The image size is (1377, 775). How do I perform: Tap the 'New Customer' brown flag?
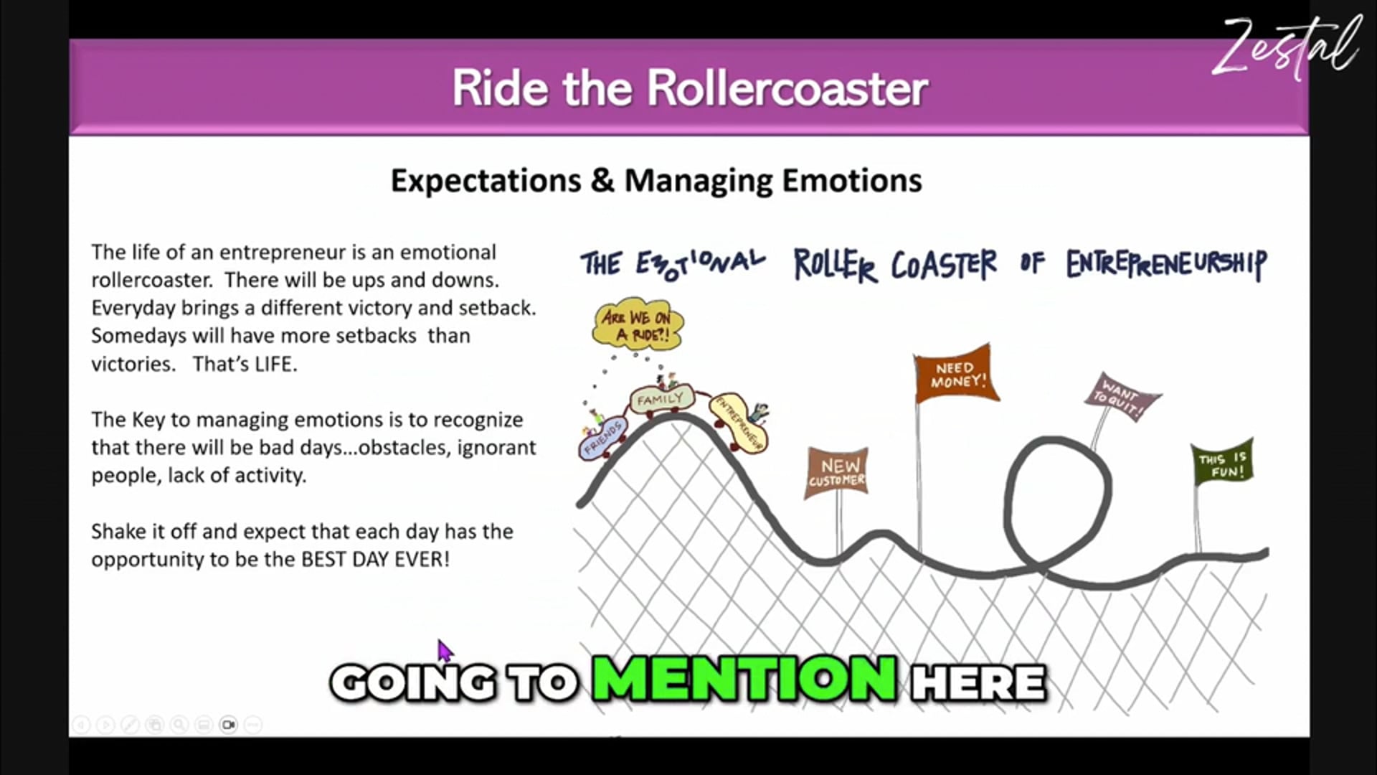pyautogui.click(x=837, y=472)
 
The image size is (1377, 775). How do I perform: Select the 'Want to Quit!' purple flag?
pyautogui.click(x=1121, y=398)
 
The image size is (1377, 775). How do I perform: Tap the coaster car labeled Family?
pyautogui.click(x=661, y=399)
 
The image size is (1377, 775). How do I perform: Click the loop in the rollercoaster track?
pyautogui.click(x=1056, y=494)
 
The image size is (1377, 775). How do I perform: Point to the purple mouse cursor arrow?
pyautogui.click(x=445, y=652)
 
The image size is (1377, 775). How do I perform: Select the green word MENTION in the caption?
pyautogui.click(x=744, y=679)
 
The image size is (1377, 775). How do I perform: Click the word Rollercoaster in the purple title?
pyautogui.click(x=787, y=89)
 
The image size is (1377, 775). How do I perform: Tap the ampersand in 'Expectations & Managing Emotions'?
pyautogui.click(x=602, y=181)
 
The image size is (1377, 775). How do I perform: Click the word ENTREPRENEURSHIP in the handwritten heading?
pyautogui.click(x=1166, y=264)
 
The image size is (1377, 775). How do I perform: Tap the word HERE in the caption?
pyautogui.click(x=978, y=682)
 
